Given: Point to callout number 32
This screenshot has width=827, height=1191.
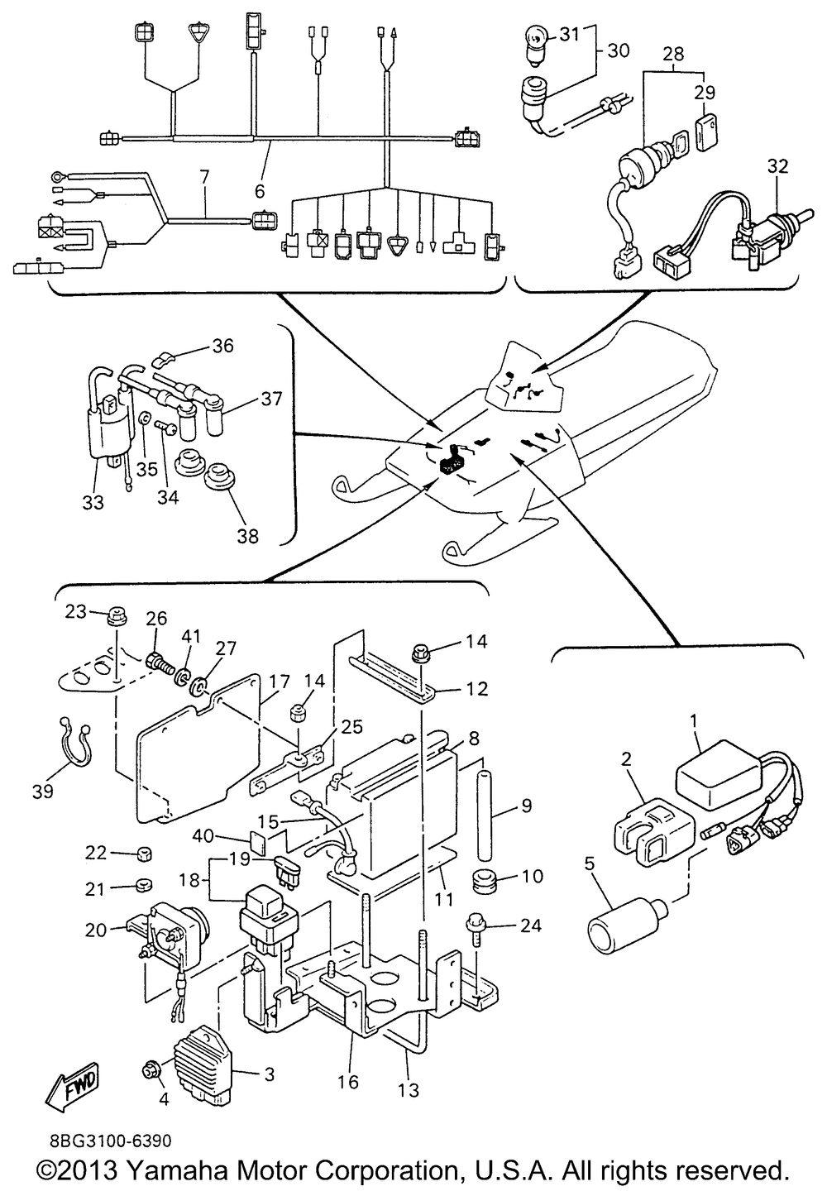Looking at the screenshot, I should tap(777, 166).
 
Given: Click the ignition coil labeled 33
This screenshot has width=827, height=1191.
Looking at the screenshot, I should tap(107, 429).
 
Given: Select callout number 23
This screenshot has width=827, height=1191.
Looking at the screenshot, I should tap(76, 613).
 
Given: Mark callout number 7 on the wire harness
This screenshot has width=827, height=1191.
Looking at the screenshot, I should tap(204, 176).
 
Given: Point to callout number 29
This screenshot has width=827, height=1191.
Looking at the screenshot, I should tap(705, 92).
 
